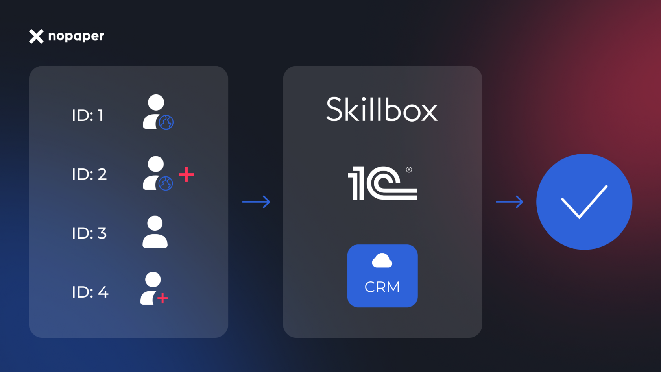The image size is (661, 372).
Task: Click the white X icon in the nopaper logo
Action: [x=36, y=36]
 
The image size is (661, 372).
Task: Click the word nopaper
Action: [x=76, y=36]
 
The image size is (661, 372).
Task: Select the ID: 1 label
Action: [x=88, y=115]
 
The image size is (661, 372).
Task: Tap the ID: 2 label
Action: [x=89, y=174]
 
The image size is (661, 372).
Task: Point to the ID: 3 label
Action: [x=89, y=233]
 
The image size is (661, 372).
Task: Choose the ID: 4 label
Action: [x=90, y=292]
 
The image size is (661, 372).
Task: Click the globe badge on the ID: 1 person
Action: [x=166, y=122]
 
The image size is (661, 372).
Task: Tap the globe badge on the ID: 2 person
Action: [x=166, y=183]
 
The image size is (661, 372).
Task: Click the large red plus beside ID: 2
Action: [x=186, y=174]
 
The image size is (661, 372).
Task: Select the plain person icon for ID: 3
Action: [x=155, y=232]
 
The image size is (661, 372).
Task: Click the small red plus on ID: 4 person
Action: [x=162, y=298]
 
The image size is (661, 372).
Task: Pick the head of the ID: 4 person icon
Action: [x=153, y=279]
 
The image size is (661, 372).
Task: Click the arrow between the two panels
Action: [x=256, y=202]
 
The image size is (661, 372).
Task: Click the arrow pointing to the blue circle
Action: [x=510, y=202]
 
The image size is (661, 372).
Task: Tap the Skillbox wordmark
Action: [x=382, y=110]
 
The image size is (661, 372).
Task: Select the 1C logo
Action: [x=382, y=183]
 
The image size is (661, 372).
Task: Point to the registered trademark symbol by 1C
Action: [x=409, y=170]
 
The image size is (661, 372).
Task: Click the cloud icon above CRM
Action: [x=382, y=261]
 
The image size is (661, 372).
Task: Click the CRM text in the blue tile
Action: [x=382, y=287]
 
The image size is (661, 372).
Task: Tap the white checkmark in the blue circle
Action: [x=584, y=202]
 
